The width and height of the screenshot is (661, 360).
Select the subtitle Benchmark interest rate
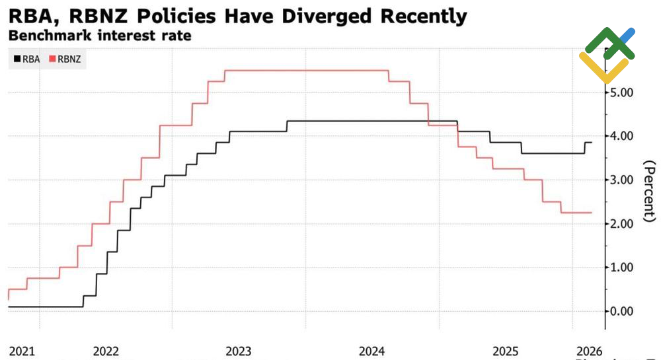(x=100, y=36)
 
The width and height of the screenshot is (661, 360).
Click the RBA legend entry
(x=26, y=59)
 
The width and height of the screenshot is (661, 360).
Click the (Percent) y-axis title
(x=650, y=191)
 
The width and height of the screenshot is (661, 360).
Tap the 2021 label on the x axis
(x=22, y=349)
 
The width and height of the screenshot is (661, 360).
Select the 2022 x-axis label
(x=106, y=349)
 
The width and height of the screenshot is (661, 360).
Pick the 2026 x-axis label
(x=588, y=349)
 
